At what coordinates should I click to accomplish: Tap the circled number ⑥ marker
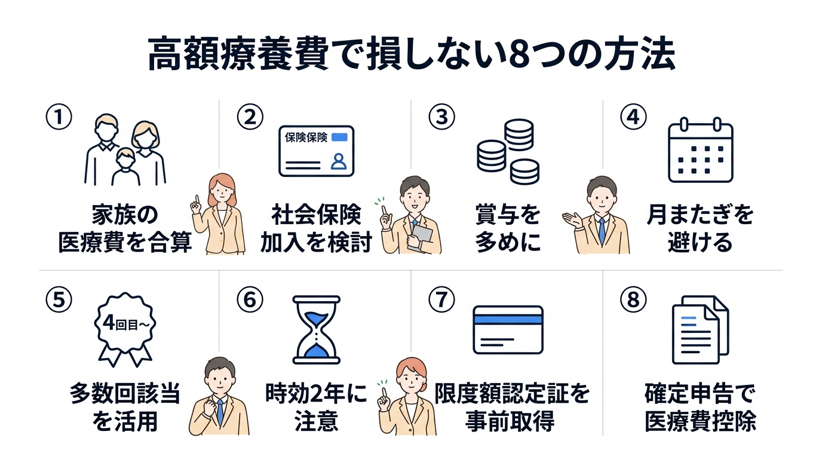(250, 299)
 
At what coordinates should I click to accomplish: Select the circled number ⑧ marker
(633, 299)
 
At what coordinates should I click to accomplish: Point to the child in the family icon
(125, 167)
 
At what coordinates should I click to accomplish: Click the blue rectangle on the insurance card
(339, 137)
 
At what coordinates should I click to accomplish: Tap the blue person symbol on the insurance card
(338, 161)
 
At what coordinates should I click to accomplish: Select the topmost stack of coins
(519, 134)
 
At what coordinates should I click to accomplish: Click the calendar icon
(700, 150)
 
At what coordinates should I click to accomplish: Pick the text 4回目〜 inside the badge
(125, 323)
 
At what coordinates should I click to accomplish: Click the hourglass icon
(317, 329)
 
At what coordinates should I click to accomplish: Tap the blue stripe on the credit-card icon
(508, 319)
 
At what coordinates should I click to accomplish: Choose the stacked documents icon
(700, 330)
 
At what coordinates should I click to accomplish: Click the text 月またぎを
(700, 215)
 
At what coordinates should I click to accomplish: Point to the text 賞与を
(508, 215)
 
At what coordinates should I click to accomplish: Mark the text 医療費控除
(701, 421)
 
